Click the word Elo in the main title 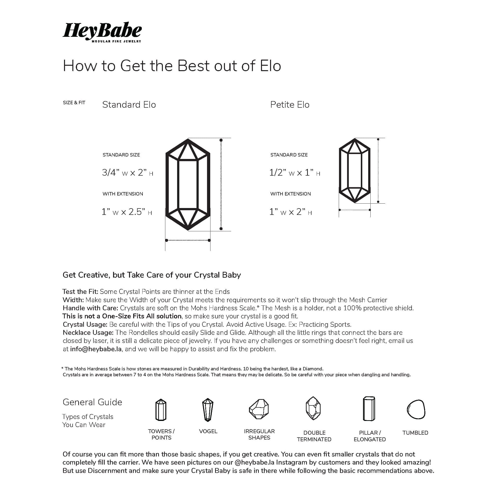click(x=270, y=66)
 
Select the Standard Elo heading click(x=129, y=105)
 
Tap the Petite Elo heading click(x=289, y=105)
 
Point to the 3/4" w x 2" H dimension click(x=127, y=173)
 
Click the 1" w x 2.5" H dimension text click(x=127, y=212)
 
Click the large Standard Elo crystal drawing click(x=188, y=184)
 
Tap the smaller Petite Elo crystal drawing click(x=355, y=171)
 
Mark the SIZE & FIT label click(x=74, y=103)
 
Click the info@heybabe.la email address click(x=96, y=349)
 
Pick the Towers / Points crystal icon click(x=161, y=410)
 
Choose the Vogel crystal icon click(x=208, y=410)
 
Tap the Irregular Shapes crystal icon click(x=259, y=409)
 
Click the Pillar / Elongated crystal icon click(x=369, y=409)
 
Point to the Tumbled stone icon click(x=416, y=409)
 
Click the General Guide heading click(x=92, y=402)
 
